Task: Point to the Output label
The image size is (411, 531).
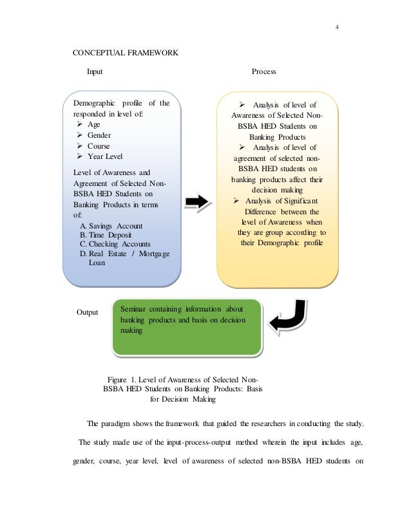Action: point(87,312)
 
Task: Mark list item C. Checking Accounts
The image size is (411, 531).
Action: point(115,244)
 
